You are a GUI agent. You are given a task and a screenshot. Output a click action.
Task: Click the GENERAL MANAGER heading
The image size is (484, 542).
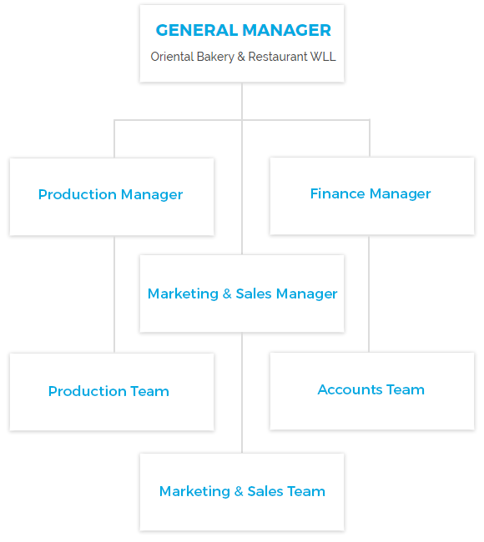pyautogui.click(x=243, y=30)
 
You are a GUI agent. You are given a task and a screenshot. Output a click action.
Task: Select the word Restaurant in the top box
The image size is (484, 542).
pyautogui.click(x=278, y=57)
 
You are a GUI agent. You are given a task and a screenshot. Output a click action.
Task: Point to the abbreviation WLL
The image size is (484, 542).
pyautogui.click(x=323, y=57)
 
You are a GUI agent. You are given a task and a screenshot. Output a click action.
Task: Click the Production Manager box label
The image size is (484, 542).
pyautogui.click(x=110, y=194)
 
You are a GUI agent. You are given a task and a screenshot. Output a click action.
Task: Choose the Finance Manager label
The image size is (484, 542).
pyautogui.click(x=371, y=194)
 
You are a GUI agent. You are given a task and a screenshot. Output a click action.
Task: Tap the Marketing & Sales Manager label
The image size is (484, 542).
pyautogui.click(x=242, y=294)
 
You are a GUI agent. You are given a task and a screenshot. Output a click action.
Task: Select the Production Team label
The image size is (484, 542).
pyautogui.click(x=108, y=391)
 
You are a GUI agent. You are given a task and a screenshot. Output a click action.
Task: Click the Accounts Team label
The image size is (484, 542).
pyautogui.click(x=371, y=389)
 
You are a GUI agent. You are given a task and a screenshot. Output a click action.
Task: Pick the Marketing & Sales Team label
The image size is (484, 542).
pyautogui.click(x=242, y=491)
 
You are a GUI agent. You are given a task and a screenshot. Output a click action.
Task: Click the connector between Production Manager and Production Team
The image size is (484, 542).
pyautogui.click(x=114, y=294)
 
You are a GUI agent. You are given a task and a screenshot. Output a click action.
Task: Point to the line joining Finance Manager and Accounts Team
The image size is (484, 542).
pyautogui.click(x=369, y=294)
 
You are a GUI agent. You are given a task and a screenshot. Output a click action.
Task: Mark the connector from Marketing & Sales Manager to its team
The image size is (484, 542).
pyautogui.click(x=242, y=393)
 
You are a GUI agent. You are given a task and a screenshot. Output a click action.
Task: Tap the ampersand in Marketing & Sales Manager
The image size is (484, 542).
pyautogui.click(x=227, y=294)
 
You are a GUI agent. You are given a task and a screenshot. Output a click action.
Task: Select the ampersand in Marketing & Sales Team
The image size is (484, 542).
pyautogui.click(x=239, y=491)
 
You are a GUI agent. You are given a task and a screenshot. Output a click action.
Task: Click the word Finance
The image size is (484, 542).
pyautogui.click(x=337, y=193)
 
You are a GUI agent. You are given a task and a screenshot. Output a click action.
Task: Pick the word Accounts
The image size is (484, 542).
pyautogui.click(x=350, y=389)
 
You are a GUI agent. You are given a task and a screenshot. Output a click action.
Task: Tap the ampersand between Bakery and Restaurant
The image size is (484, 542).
pyautogui.click(x=241, y=57)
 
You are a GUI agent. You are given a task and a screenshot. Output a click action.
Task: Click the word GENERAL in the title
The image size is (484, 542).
pyautogui.click(x=196, y=30)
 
